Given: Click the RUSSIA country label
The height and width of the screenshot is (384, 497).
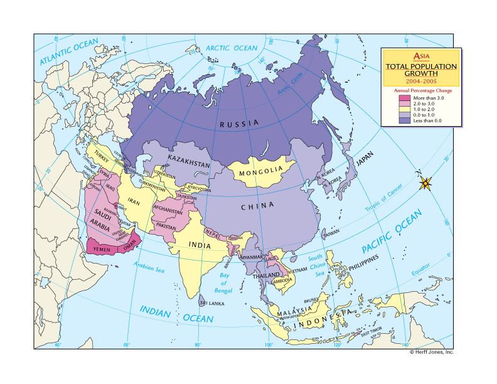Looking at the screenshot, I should pos(239,124).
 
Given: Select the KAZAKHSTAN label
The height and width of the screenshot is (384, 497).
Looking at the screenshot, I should pos(188,163).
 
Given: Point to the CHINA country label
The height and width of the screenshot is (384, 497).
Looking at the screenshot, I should pos(258,206).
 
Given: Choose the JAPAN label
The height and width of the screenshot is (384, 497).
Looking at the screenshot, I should pos(368,161).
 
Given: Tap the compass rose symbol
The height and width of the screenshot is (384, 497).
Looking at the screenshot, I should pos(425,183).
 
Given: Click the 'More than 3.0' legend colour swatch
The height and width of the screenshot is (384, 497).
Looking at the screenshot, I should pos(403,97).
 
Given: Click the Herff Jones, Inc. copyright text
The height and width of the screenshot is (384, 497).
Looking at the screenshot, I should pos(431,353).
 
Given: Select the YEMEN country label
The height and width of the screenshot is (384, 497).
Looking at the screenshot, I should pos(102,249).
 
